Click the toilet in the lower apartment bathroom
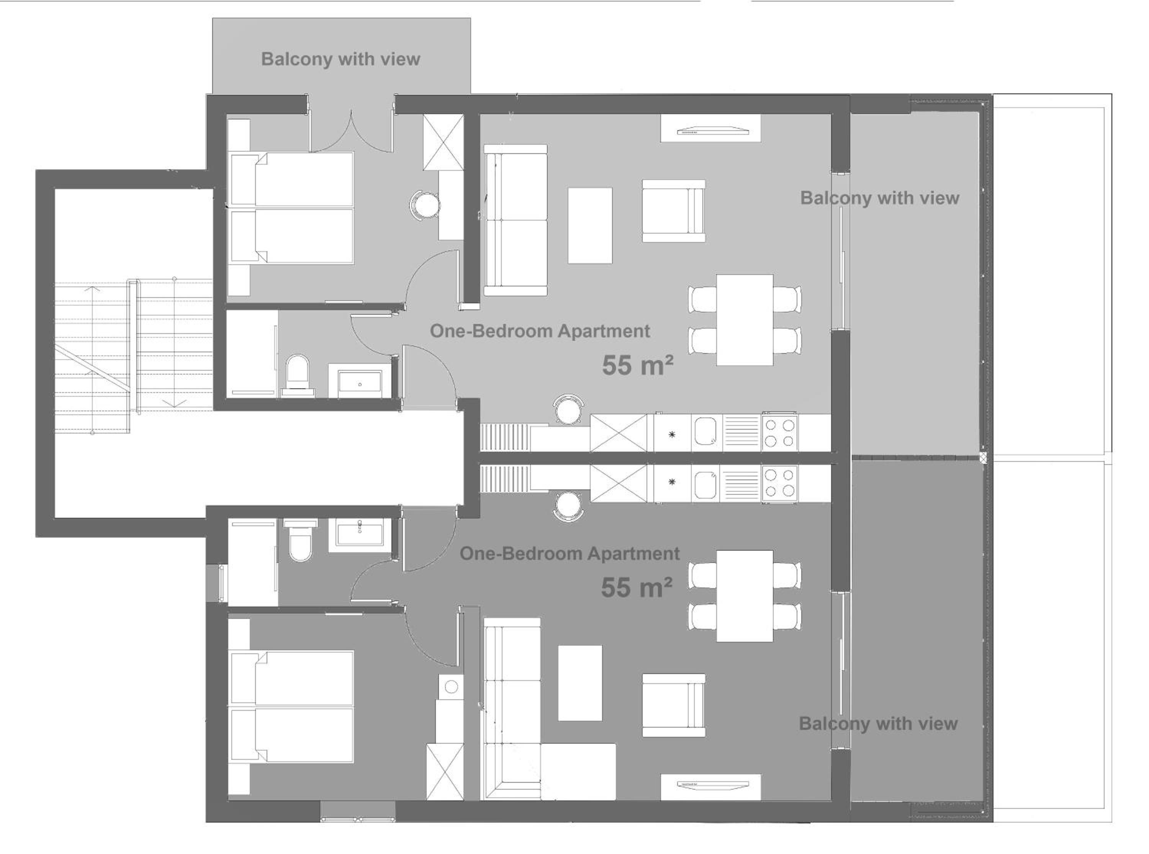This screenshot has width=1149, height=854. tap(300, 541)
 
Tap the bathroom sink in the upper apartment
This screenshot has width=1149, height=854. tap(360, 381)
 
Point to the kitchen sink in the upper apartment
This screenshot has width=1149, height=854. tap(707, 432)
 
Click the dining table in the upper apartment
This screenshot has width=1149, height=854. tap(744, 320)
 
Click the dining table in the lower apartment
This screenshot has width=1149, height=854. tap(744, 596)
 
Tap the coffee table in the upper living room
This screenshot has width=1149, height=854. tap(590, 226)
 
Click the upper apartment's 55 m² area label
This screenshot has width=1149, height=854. tap(637, 365)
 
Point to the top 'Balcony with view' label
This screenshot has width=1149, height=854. tap(340, 59)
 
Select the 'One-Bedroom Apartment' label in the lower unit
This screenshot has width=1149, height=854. tap(570, 554)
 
